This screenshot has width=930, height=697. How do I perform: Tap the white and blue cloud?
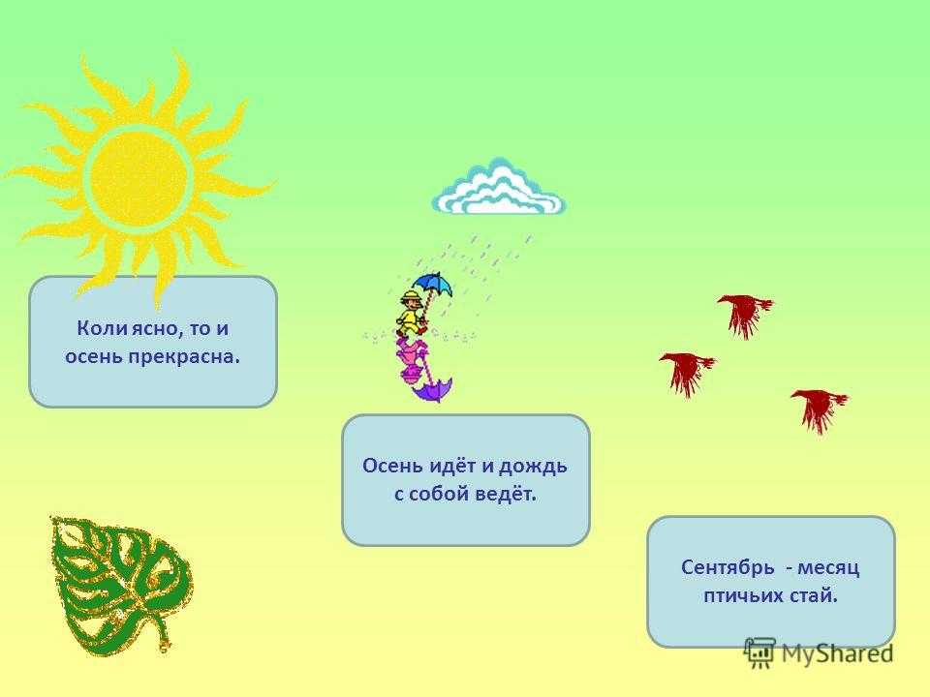[x=499, y=187]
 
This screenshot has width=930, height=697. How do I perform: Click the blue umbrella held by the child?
[x=432, y=284]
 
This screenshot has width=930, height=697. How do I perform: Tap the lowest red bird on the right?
[x=820, y=409]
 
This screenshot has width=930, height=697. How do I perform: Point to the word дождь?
[x=533, y=467]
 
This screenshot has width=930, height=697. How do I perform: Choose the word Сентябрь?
[x=728, y=568]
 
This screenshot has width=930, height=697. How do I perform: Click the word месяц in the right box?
[x=828, y=568]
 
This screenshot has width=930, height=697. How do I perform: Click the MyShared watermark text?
[x=837, y=653]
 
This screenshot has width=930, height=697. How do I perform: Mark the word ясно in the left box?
[x=157, y=329]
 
